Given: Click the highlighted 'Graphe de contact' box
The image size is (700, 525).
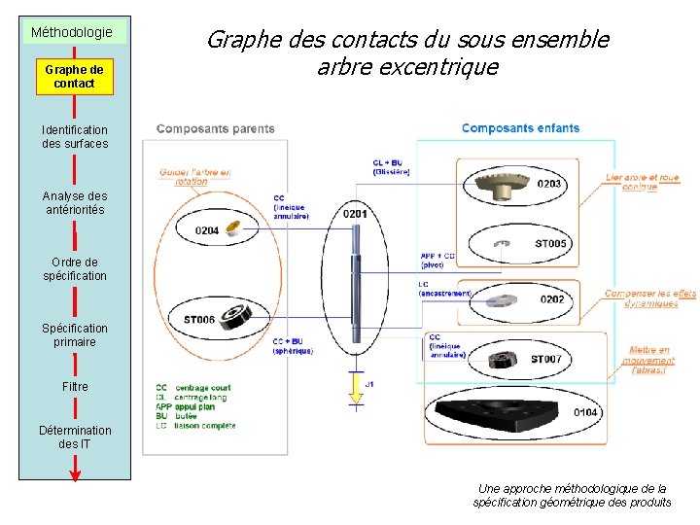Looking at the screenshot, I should point(75,77).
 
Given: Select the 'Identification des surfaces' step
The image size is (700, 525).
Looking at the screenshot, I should point(75,136).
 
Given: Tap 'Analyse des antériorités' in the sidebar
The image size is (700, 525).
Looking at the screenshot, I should point(75,202).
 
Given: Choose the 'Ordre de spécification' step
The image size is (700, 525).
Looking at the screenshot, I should point(75,268).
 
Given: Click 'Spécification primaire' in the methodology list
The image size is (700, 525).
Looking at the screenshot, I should point(75,334).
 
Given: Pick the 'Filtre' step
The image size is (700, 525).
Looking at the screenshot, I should point(75,386).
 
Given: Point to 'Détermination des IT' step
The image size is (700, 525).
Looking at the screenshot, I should point(75,437).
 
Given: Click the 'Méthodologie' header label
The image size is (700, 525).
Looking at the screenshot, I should point(72,32).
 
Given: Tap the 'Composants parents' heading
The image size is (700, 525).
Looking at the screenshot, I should point(215,128).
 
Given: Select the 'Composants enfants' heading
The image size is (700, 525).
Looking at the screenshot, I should point(520,127).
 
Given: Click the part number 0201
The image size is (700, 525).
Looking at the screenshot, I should point(356,214).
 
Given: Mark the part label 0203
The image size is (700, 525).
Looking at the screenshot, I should point(548,184).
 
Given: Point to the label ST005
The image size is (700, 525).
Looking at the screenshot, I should point(550,244).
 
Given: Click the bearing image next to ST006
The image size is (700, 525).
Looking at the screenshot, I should point(234,315).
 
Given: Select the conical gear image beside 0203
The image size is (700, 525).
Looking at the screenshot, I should point(502,182).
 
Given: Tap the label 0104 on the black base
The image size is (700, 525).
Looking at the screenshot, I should point(585,412).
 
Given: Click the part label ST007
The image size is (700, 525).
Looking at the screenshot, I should point(545,360).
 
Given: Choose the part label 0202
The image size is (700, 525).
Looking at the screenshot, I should point(552,299).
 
